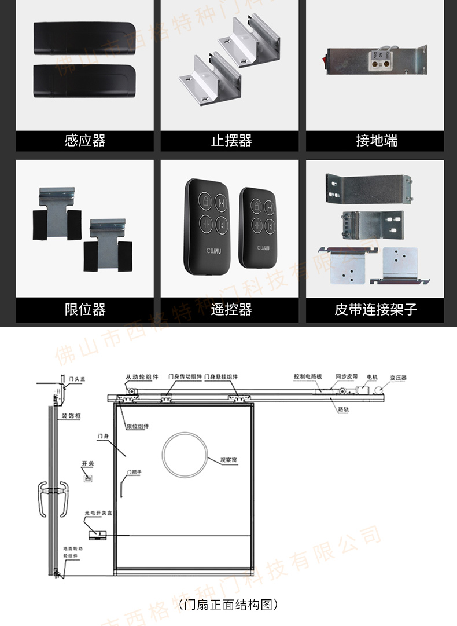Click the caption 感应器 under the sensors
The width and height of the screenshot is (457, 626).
85,141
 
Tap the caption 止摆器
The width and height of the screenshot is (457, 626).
231,141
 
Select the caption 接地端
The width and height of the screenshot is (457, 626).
377,141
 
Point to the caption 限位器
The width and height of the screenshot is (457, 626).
85,310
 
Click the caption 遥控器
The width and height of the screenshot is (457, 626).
231,310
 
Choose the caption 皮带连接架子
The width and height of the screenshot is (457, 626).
376,310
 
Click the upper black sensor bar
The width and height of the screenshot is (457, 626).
84,38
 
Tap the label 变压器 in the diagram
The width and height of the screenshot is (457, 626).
397,378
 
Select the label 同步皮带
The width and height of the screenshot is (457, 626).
347,376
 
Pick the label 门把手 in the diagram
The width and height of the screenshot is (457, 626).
134,472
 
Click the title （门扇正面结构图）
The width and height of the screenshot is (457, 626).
228,605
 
